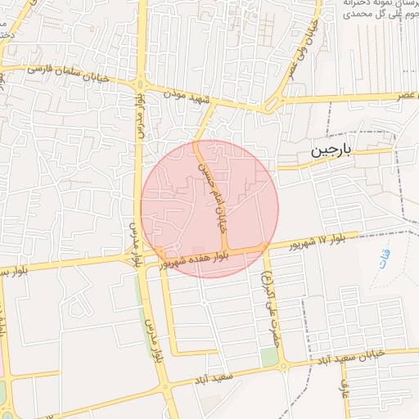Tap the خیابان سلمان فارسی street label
56,71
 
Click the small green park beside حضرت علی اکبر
269,358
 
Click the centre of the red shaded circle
210,209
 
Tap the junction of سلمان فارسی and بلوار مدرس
138,83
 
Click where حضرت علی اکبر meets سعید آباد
284,366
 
